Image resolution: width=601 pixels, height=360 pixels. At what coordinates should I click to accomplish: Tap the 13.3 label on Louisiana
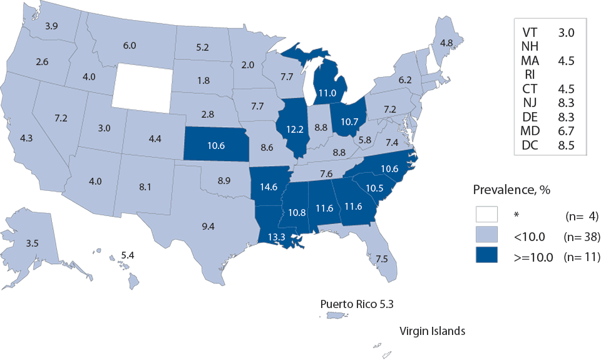coord(279,236)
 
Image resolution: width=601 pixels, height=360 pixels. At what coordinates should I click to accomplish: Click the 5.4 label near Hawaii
coord(127,256)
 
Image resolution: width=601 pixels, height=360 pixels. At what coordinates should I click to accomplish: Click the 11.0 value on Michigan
coord(324,92)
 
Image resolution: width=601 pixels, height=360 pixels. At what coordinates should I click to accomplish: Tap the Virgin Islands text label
coord(433,331)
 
